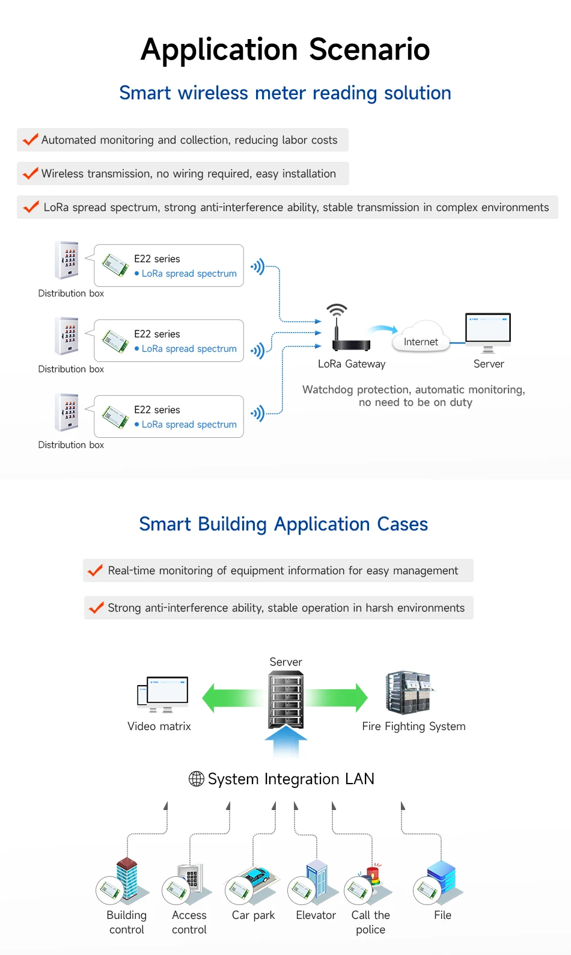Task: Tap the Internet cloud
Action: [x=421, y=337]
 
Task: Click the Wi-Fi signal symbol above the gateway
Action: [x=337, y=310]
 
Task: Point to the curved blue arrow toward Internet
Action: [x=383, y=329]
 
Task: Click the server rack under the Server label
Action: [x=286, y=699]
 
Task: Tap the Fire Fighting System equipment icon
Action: [x=408, y=692]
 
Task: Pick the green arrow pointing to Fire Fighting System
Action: [x=336, y=698]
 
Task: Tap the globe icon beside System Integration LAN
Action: [x=196, y=779]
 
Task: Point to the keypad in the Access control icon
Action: [x=191, y=877]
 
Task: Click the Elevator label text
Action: [x=316, y=915]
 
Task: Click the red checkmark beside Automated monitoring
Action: [x=30, y=140]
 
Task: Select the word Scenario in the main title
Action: [x=370, y=49]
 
